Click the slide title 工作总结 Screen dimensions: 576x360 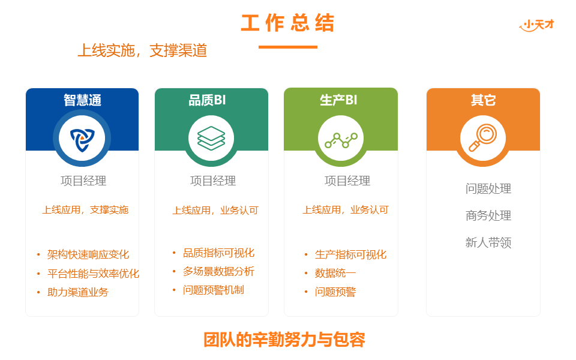coord(287,23)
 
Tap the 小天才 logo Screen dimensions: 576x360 coord(536,25)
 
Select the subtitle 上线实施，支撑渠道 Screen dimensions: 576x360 coord(142,50)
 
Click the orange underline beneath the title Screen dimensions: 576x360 coord(287,47)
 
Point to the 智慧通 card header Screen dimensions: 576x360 coord(82,100)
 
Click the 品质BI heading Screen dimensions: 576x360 coord(207,100)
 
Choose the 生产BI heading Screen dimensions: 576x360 coord(338,100)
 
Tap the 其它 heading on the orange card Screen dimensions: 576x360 coord(483,100)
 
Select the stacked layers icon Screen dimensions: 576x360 coord(211,138)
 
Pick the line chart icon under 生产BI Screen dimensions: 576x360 coord(341,140)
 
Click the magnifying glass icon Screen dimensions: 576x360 coord(482,138)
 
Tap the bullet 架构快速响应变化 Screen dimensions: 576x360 coord(88,254)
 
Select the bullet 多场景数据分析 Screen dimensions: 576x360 coord(218,271)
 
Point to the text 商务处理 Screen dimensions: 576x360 coord(488,215)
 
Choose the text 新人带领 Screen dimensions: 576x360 coord(488,242)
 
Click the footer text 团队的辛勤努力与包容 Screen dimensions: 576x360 coord(284,340)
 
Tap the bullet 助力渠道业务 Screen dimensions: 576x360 coord(78,292)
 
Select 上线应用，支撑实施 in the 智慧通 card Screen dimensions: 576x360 coord(85,210)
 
